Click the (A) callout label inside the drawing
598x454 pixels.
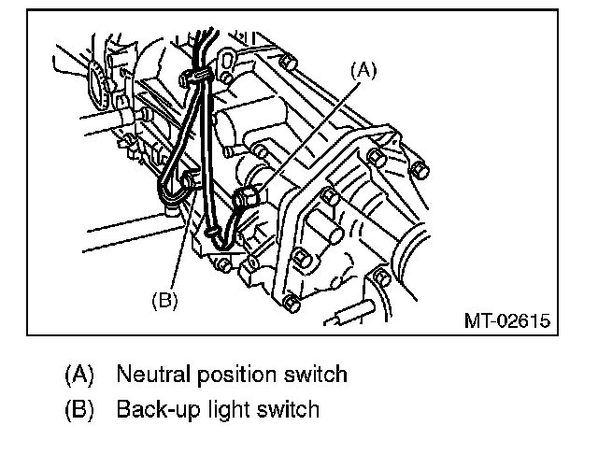tap(364, 70)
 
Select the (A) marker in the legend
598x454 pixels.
tap(79, 376)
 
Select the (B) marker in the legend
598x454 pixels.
tap(79, 409)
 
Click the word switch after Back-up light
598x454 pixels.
tap(288, 409)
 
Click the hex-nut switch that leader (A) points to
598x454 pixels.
tap(249, 197)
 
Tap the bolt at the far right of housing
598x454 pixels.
tap(419, 171)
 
